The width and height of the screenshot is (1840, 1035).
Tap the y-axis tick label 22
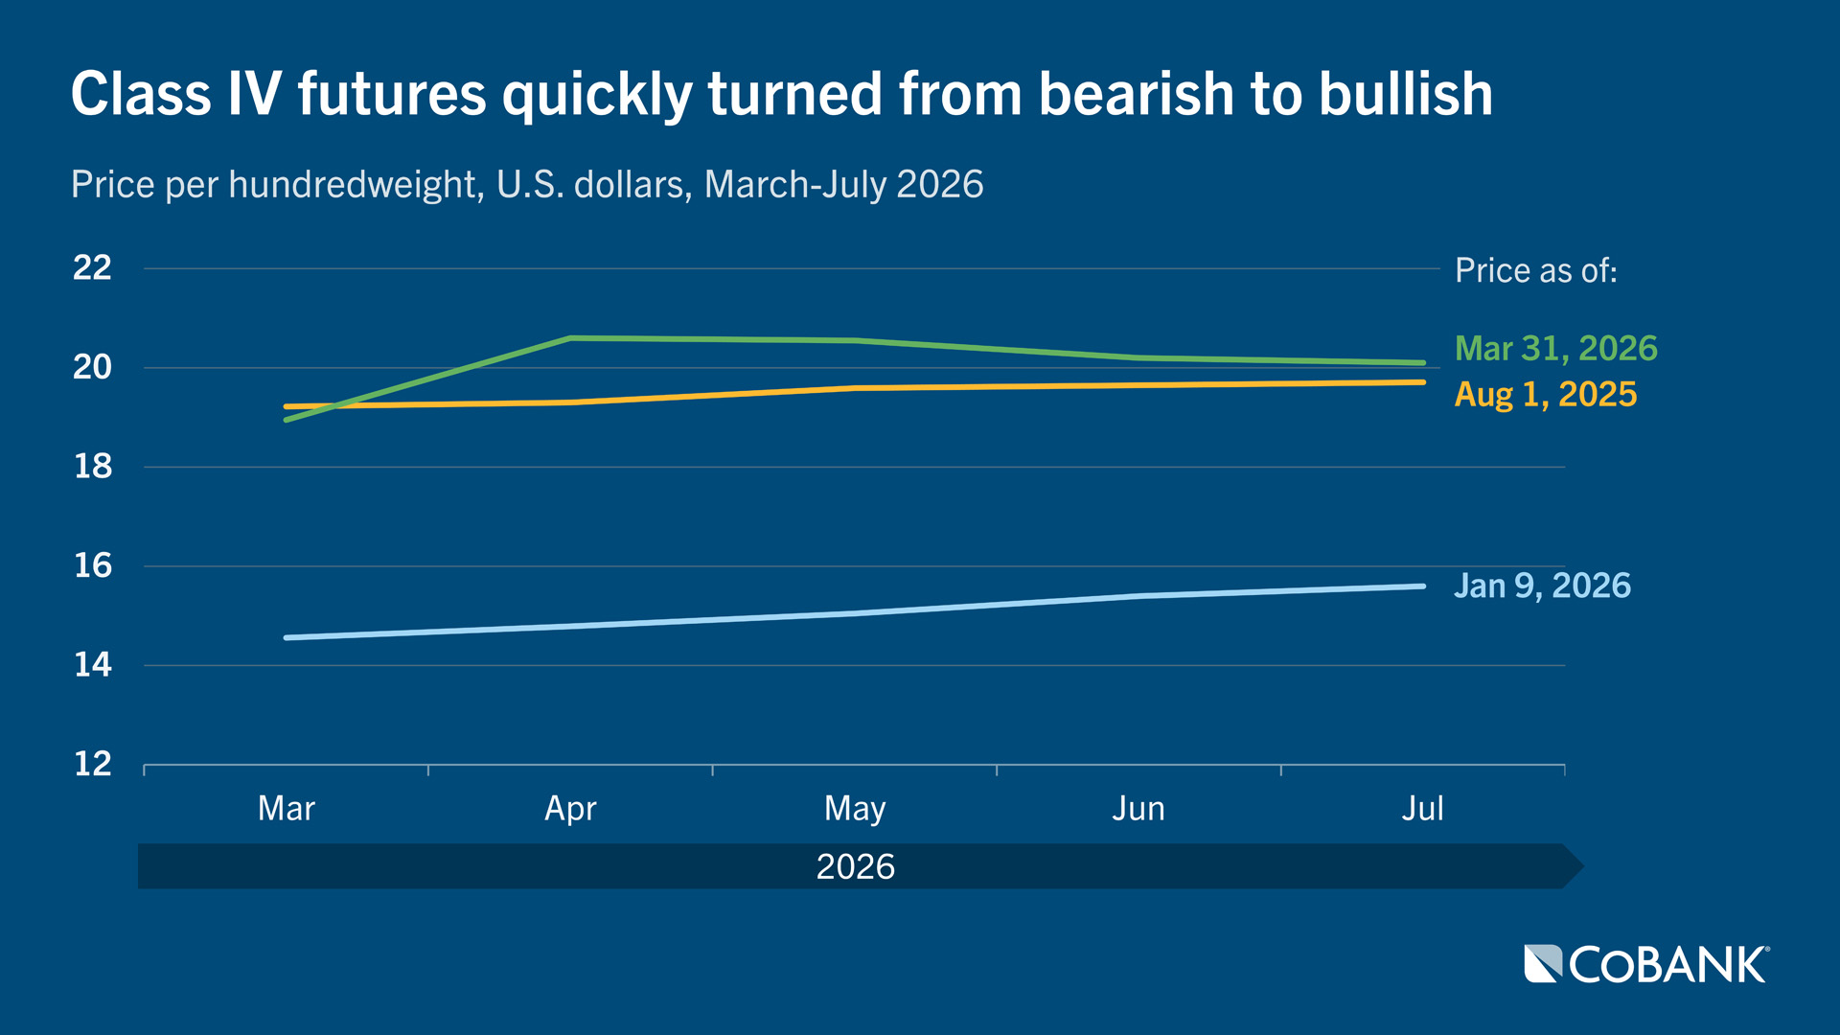(x=92, y=268)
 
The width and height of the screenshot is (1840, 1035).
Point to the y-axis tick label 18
(x=93, y=467)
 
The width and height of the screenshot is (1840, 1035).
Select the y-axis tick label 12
(x=93, y=764)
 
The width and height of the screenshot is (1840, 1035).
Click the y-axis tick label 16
(x=93, y=565)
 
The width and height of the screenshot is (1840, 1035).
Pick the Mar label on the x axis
(x=286, y=808)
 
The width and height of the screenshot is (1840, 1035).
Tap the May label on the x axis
(x=855, y=808)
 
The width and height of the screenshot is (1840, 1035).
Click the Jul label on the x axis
(x=1422, y=808)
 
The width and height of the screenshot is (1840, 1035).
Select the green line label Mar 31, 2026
(x=1555, y=348)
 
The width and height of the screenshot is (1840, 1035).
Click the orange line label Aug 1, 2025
(x=1545, y=394)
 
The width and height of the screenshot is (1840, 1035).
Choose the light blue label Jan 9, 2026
(x=1542, y=585)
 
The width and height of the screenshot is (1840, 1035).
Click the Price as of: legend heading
(x=1535, y=270)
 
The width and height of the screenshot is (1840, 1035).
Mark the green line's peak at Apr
(x=571, y=337)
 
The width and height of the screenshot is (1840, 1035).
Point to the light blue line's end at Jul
(x=1422, y=586)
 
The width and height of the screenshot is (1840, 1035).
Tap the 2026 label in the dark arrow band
(x=855, y=866)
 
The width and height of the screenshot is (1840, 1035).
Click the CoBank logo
(x=1646, y=964)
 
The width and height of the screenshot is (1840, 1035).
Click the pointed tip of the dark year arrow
(x=1581, y=866)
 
